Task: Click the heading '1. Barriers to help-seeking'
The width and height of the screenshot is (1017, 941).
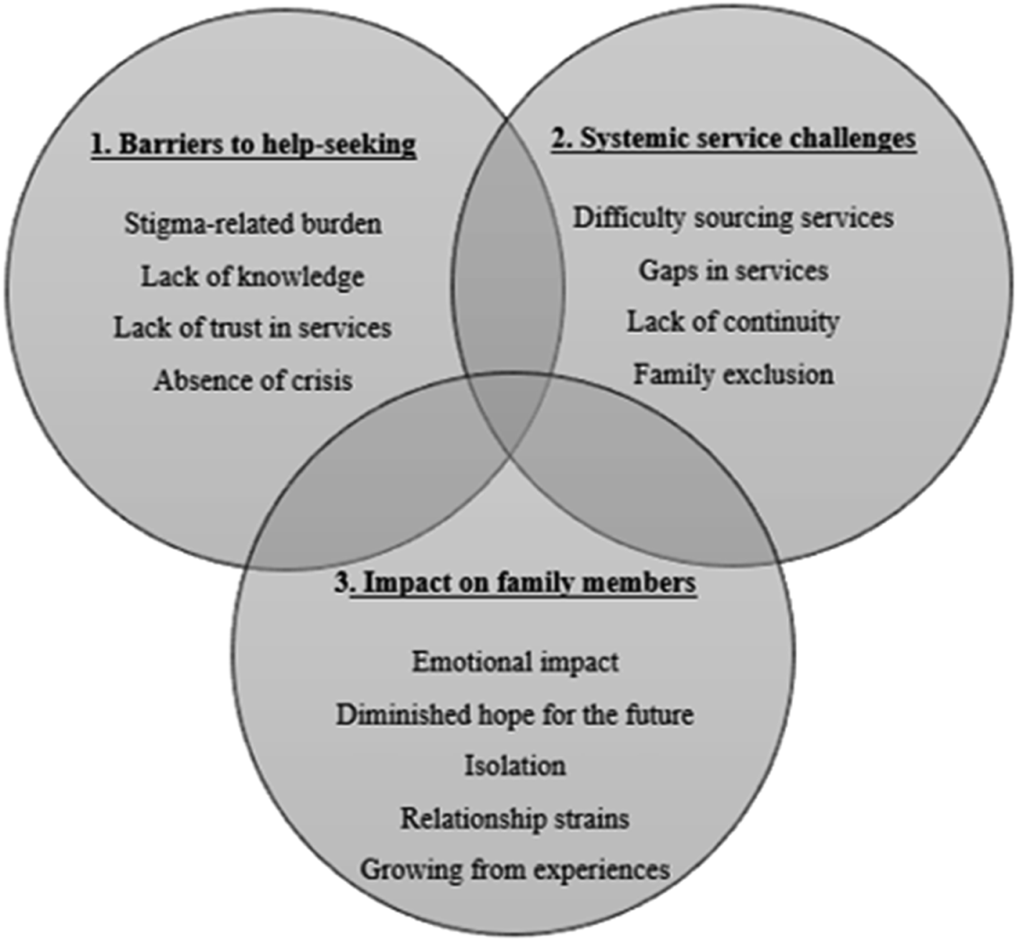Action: (254, 145)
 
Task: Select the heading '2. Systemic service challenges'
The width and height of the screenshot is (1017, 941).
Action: (733, 139)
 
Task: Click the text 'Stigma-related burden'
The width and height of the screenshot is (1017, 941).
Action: (253, 224)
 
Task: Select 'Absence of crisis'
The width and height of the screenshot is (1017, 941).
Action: (253, 380)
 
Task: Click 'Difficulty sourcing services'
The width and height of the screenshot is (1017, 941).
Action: (733, 218)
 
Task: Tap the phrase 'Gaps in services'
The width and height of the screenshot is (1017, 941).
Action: (733, 271)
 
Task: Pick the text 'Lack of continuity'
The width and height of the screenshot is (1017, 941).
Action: (733, 322)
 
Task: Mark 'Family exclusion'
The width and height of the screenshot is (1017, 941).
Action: (733, 375)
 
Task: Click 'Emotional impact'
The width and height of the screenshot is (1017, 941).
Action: (515, 662)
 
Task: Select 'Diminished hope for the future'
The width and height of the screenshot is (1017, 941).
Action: (515, 715)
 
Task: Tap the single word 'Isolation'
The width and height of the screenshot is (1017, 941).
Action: (515, 766)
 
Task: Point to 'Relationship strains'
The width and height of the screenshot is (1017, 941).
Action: (515, 818)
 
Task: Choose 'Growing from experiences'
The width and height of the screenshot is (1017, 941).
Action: (515, 870)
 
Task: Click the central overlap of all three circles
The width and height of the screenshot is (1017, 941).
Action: (509, 407)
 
